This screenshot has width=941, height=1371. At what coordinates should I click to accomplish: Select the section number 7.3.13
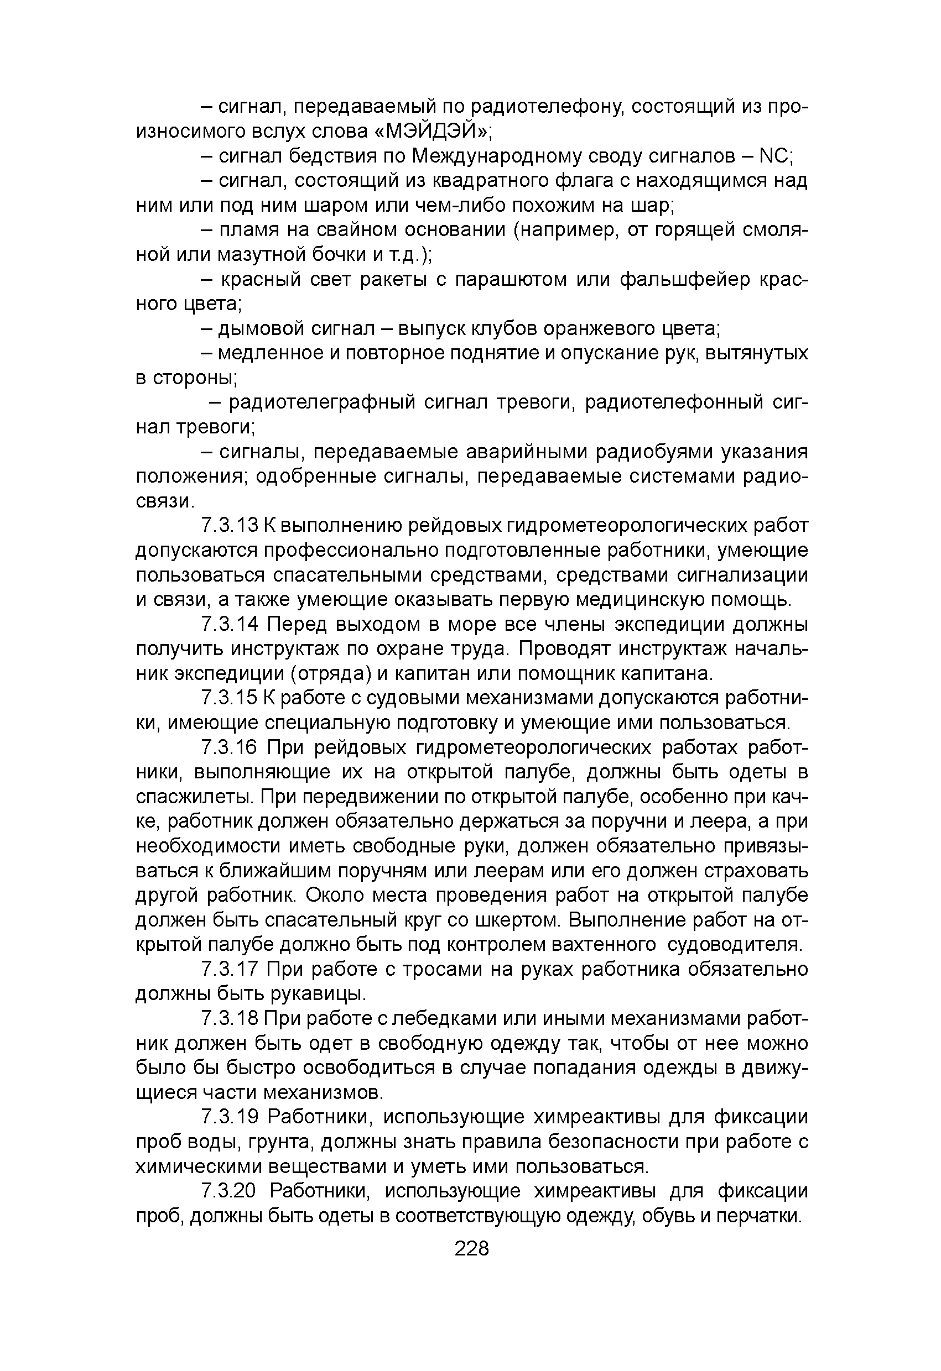click(230, 525)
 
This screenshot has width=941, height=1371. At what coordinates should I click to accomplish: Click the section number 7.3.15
click(230, 698)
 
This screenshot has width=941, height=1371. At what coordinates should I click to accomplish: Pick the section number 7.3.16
click(230, 747)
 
